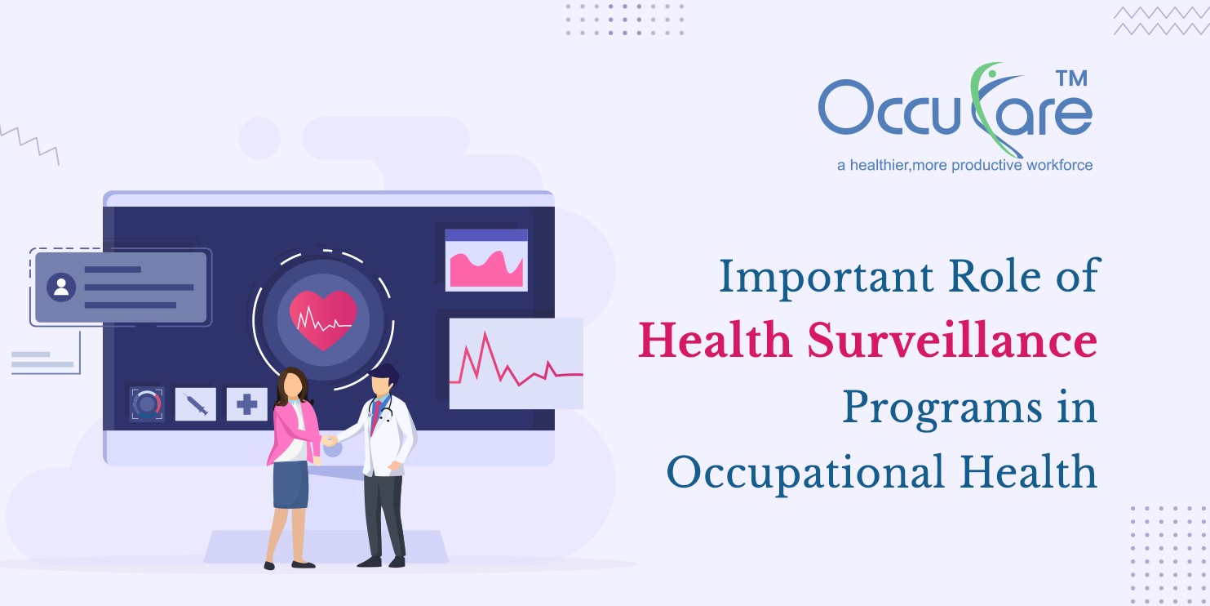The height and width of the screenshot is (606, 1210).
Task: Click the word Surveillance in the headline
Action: [952, 341]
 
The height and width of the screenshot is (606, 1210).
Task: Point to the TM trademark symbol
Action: [1072, 78]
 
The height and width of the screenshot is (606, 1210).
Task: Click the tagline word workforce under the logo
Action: [1059, 165]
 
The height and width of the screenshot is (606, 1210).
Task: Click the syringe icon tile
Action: [196, 403]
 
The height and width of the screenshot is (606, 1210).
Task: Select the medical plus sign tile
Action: [247, 403]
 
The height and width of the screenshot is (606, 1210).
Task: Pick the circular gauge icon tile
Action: [147, 403]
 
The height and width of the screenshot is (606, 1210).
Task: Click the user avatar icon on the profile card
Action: [61, 287]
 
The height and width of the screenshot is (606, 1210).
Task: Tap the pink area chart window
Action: [486, 260]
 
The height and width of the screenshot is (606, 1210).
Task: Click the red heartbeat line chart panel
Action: [516, 363]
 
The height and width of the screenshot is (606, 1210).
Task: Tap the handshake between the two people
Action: [329, 440]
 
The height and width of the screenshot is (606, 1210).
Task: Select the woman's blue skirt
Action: [290, 484]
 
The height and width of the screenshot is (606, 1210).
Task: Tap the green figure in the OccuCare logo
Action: [991, 108]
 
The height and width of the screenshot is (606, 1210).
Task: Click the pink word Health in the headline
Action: [715, 341]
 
